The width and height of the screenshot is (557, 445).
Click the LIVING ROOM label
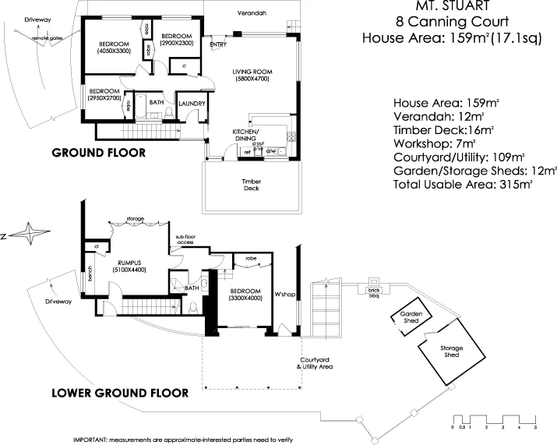pyautogui.click(x=250, y=72)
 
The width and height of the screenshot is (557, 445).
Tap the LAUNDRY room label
pyautogui.click(x=191, y=104)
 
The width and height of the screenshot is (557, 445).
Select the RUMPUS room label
pyautogui.click(x=127, y=263)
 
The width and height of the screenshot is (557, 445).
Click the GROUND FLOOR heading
pyautogui.click(x=98, y=153)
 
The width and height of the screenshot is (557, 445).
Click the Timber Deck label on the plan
pyautogui.click(x=250, y=184)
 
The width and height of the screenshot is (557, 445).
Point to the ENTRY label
pyautogui.click(x=218, y=45)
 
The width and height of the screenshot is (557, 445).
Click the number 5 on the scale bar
pyautogui.click(x=535, y=428)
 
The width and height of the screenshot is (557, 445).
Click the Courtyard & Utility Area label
pyautogui.click(x=316, y=363)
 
